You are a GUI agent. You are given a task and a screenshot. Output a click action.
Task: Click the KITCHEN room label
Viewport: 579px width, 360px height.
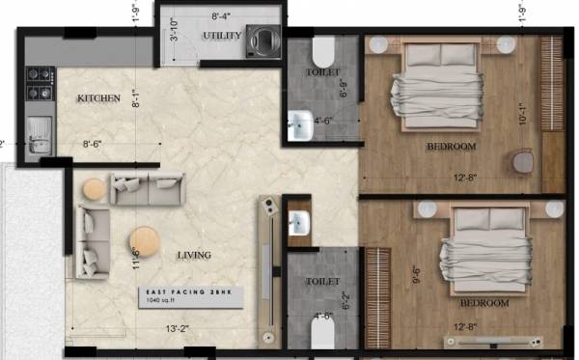pos(99,98)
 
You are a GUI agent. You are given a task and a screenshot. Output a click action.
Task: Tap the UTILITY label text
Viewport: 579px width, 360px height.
pos(220,36)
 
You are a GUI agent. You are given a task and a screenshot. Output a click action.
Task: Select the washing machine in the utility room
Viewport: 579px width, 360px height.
pos(262,42)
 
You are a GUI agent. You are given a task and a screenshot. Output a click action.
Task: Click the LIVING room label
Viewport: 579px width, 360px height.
pos(194,255)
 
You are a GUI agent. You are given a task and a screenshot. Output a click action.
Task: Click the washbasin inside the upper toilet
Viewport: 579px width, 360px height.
pos(300,123)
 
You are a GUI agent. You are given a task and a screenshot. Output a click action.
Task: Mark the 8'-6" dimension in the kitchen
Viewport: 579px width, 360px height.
pos(94,144)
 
